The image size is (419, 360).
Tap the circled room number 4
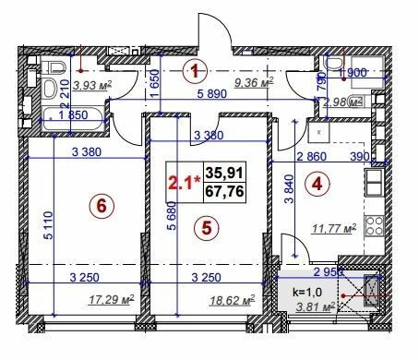point(317,183)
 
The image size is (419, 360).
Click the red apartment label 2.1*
point(183,181)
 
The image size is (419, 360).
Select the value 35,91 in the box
point(221,173)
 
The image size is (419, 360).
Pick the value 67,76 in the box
point(221,190)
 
